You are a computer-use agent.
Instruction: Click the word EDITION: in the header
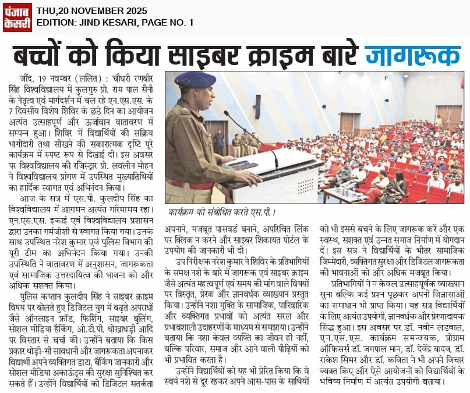(58, 23)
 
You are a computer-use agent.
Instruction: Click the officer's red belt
(188, 185)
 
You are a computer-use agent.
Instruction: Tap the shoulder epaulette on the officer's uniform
(175, 110)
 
